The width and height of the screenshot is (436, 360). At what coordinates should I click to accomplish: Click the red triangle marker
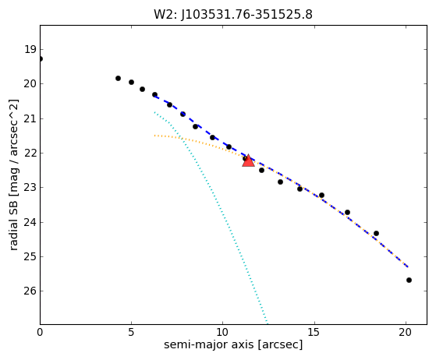click(x=248, y=161)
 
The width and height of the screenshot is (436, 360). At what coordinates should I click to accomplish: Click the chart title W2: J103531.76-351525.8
click(x=233, y=15)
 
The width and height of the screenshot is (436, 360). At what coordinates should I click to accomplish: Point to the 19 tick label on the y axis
click(x=30, y=49)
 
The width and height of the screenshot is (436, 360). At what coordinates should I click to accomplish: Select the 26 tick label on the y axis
click(x=30, y=291)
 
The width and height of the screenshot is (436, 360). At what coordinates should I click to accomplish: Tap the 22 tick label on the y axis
click(x=30, y=153)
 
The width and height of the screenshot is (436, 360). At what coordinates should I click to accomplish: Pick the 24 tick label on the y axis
click(x=30, y=222)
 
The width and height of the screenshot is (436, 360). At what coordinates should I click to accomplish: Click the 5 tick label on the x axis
click(x=131, y=332)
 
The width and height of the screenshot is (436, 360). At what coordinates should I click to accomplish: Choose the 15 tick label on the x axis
click(x=314, y=332)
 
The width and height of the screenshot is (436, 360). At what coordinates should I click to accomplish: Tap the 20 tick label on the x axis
click(x=406, y=332)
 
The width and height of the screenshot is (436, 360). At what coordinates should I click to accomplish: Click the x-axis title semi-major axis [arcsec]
click(x=233, y=344)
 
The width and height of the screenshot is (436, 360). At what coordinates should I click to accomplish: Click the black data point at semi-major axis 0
click(x=41, y=59)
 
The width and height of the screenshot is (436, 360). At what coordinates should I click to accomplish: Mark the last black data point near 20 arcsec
click(x=409, y=280)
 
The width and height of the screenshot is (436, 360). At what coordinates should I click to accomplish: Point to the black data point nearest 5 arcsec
click(x=131, y=83)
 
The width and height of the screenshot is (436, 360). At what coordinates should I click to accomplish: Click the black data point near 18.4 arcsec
click(x=376, y=233)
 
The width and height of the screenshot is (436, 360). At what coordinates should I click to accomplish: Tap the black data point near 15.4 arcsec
click(x=321, y=196)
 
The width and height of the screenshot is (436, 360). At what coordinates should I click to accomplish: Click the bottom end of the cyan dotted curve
click(x=267, y=323)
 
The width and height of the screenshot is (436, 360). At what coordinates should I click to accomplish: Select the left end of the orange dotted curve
click(x=155, y=136)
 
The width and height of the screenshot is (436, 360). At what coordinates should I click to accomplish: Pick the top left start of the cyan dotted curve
click(x=154, y=112)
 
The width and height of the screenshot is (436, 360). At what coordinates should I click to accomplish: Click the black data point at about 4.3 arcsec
click(x=118, y=79)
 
